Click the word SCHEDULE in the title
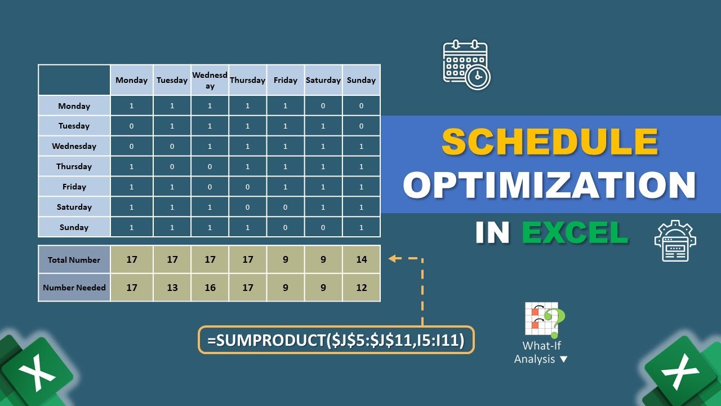(550, 142)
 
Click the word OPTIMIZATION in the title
(550, 184)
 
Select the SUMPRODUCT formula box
(336, 340)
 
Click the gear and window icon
(675, 241)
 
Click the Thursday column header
(247, 80)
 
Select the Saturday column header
(323, 80)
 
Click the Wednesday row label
(74, 146)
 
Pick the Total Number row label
(74, 260)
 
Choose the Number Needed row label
(74, 288)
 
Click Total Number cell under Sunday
(361, 260)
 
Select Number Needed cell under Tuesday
(172, 288)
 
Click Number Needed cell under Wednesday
(210, 288)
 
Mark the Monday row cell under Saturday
(323, 105)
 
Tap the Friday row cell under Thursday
(247, 187)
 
